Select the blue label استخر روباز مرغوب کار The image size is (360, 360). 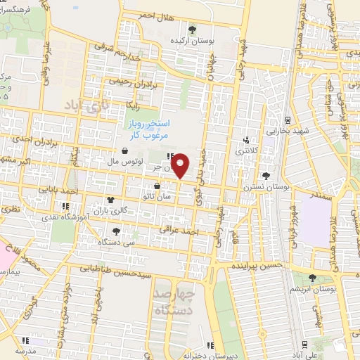146,129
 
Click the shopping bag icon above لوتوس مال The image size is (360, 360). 124,150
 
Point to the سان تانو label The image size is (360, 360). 158,196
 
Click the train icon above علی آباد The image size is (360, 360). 304,343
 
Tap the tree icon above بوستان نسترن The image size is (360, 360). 265,176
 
